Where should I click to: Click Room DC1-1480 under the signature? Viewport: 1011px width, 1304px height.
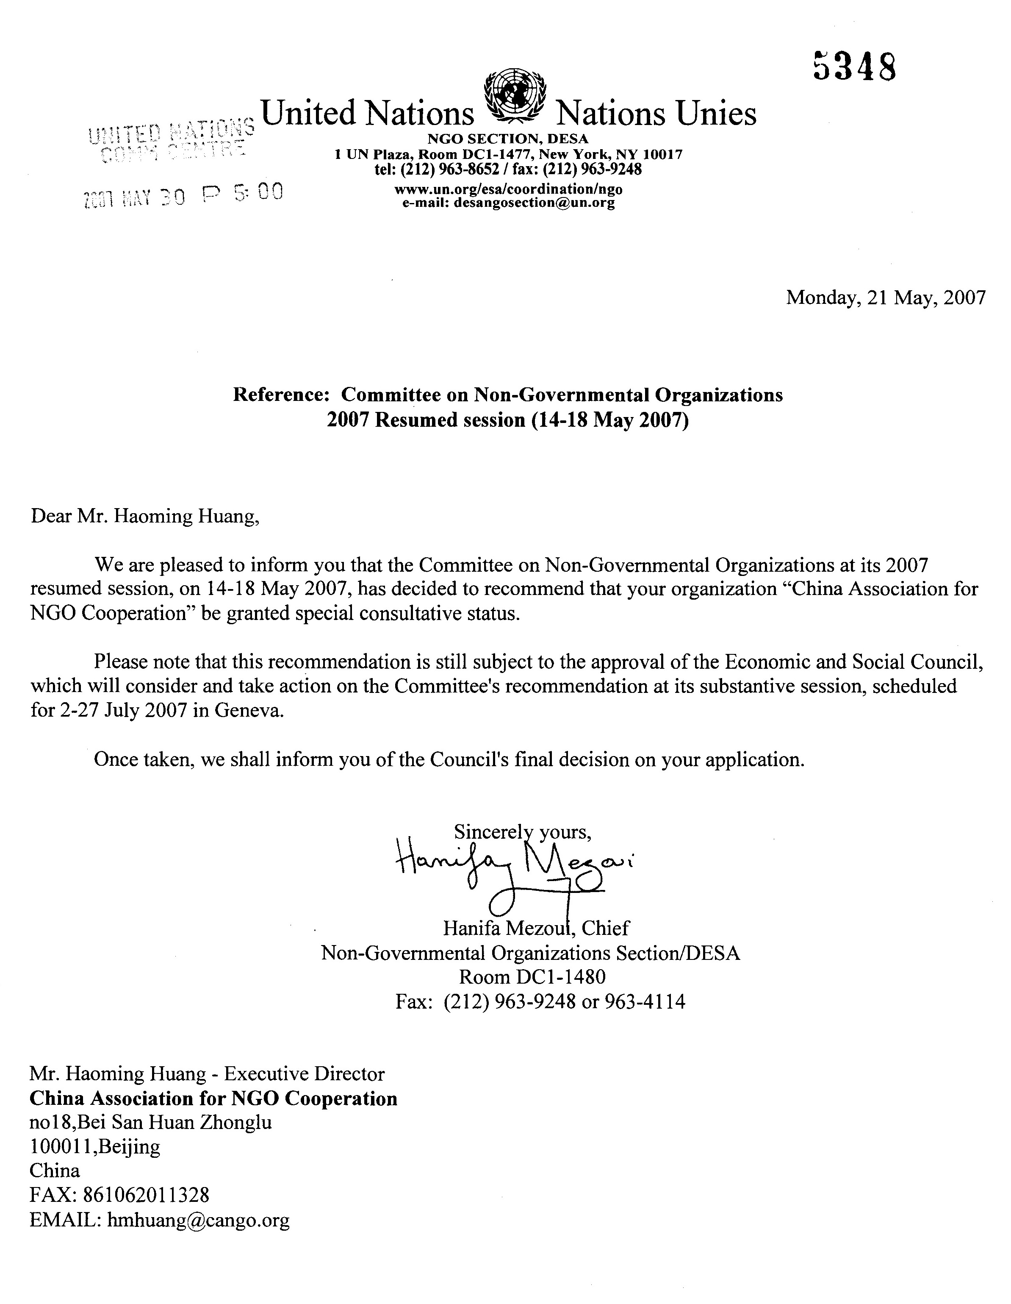point(532,977)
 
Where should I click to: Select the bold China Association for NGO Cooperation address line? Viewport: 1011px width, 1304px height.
point(213,1098)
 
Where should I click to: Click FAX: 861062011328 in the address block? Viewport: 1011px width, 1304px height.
point(119,1196)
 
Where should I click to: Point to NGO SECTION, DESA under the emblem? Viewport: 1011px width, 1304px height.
point(508,139)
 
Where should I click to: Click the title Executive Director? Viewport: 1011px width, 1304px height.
point(305,1074)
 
